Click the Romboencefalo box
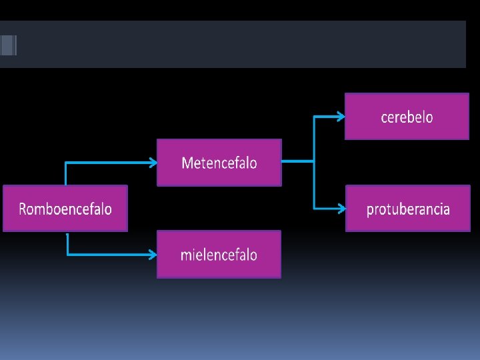click(x=65, y=209)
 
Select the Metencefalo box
click(x=219, y=163)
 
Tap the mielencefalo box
click(x=219, y=254)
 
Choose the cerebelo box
click(x=407, y=117)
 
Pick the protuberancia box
click(x=407, y=209)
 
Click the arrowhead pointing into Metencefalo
click(x=153, y=162)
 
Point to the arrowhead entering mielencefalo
click(x=153, y=254)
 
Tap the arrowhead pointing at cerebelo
click(x=341, y=116)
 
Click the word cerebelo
click(x=407, y=117)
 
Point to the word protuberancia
click(x=408, y=209)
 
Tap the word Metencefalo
click(x=219, y=163)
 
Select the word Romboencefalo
click(x=65, y=209)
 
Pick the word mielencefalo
click(x=219, y=255)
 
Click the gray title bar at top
click(x=240, y=44)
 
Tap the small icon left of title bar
click(x=8, y=45)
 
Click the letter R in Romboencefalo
click(x=23, y=209)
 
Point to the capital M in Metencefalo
click(x=187, y=163)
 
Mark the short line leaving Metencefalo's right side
click(x=297, y=161)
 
